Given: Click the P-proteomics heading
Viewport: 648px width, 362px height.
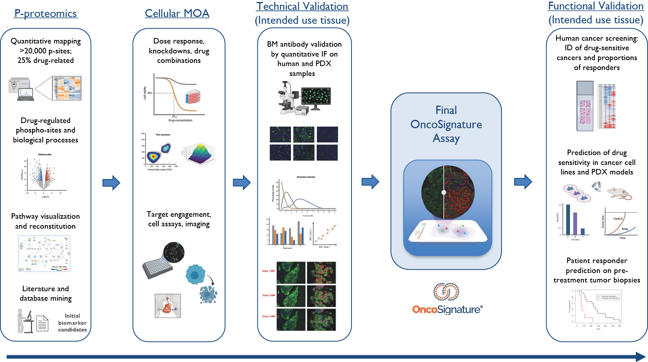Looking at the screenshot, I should (x=46, y=13).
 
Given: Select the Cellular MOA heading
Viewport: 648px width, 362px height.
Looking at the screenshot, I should (x=177, y=13).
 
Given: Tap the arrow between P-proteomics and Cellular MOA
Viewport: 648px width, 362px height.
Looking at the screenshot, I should (x=111, y=182).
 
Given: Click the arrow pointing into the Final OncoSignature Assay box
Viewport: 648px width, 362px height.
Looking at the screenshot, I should (x=370, y=182).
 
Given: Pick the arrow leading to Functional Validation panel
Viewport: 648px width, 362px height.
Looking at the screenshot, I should (x=523, y=182).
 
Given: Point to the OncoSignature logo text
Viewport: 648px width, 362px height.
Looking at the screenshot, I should (x=447, y=309).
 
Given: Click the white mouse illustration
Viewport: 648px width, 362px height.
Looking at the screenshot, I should (x=619, y=193).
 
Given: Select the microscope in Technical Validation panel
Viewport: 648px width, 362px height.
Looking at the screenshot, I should (x=287, y=98).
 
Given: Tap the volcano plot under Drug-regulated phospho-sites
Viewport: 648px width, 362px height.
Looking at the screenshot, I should (x=44, y=175).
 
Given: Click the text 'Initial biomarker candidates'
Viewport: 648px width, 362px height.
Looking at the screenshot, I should (x=72, y=322).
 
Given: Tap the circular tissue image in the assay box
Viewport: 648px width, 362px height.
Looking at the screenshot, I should (x=448, y=192).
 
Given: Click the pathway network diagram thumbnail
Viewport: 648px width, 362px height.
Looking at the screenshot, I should (x=44, y=254).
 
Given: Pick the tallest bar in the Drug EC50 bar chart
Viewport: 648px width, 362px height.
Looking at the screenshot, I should (x=568, y=220).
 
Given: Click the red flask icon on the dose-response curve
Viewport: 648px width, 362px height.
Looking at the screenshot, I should (x=193, y=97).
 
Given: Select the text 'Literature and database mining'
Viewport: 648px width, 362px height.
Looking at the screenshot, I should (x=46, y=293).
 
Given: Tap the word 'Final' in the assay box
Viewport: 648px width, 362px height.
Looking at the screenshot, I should (x=446, y=110).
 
